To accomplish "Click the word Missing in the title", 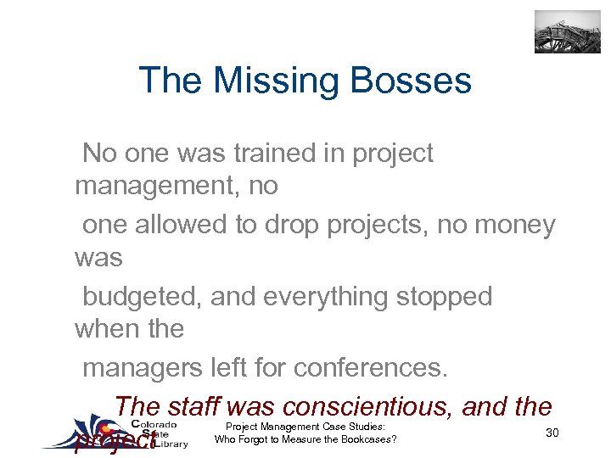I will [280, 81].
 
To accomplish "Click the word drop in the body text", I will [287, 225].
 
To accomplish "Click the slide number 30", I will [552, 433].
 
